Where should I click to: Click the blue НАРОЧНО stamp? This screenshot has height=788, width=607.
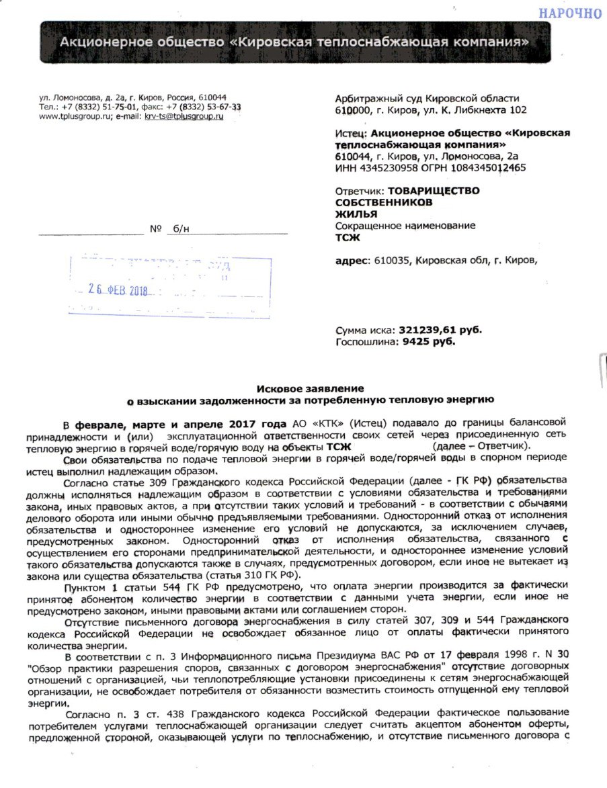569,12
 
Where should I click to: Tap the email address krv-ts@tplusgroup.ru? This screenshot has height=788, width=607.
184,116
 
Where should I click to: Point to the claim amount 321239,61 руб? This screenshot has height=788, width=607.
440,330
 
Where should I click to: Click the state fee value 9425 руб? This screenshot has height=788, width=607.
430,341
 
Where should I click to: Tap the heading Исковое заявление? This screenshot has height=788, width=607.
311,388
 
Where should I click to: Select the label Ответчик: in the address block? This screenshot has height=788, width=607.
360,191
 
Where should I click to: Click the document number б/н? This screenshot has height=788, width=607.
181,229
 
